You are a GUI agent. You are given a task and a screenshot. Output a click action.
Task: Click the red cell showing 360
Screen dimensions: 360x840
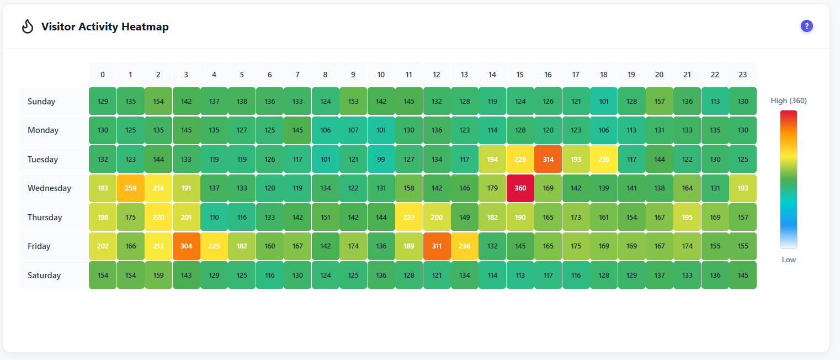pyautogui.click(x=520, y=188)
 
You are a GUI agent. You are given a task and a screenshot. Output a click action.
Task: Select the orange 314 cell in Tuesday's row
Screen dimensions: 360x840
pyautogui.click(x=547, y=159)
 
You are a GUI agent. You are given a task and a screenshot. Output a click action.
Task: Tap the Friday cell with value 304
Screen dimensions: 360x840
pyautogui.click(x=186, y=246)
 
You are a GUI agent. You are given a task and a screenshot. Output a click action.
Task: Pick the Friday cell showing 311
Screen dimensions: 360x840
pyautogui.click(x=437, y=246)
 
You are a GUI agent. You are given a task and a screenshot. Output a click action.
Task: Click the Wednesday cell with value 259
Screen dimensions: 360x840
pyautogui.click(x=130, y=188)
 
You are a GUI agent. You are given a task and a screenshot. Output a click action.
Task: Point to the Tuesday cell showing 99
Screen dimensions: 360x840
pyautogui.click(x=381, y=159)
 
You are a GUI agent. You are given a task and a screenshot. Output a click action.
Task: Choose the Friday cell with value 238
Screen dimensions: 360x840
pyautogui.click(x=464, y=246)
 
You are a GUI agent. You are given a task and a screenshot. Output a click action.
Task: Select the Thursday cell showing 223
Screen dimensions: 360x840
pyautogui.click(x=408, y=218)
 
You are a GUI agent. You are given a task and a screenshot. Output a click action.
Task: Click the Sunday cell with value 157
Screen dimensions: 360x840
pyautogui.click(x=659, y=101)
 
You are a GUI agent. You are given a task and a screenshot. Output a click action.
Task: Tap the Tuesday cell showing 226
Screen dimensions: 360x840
pyautogui.click(x=520, y=159)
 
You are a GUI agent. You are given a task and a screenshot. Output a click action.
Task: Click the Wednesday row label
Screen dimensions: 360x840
pyautogui.click(x=50, y=188)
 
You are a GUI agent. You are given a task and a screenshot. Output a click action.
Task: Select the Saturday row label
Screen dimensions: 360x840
pyautogui.click(x=44, y=276)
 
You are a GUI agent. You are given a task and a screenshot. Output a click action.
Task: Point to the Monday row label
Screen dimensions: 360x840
pyautogui.click(x=43, y=130)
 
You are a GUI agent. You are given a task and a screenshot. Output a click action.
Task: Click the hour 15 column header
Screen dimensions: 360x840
pyautogui.click(x=520, y=75)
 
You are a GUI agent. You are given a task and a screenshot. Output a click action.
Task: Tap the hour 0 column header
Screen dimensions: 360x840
pyautogui.click(x=103, y=75)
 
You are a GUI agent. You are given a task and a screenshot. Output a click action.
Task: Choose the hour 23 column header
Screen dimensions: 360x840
pyautogui.click(x=742, y=75)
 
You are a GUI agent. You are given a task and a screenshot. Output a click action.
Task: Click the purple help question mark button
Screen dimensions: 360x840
pyautogui.click(x=807, y=26)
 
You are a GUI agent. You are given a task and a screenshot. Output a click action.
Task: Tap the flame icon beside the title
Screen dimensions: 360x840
pyautogui.click(x=28, y=27)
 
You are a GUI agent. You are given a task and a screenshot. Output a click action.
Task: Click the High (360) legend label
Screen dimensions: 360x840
pyautogui.click(x=789, y=100)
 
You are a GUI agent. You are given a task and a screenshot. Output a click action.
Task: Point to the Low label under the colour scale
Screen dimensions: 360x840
pyautogui.click(x=789, y=260)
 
